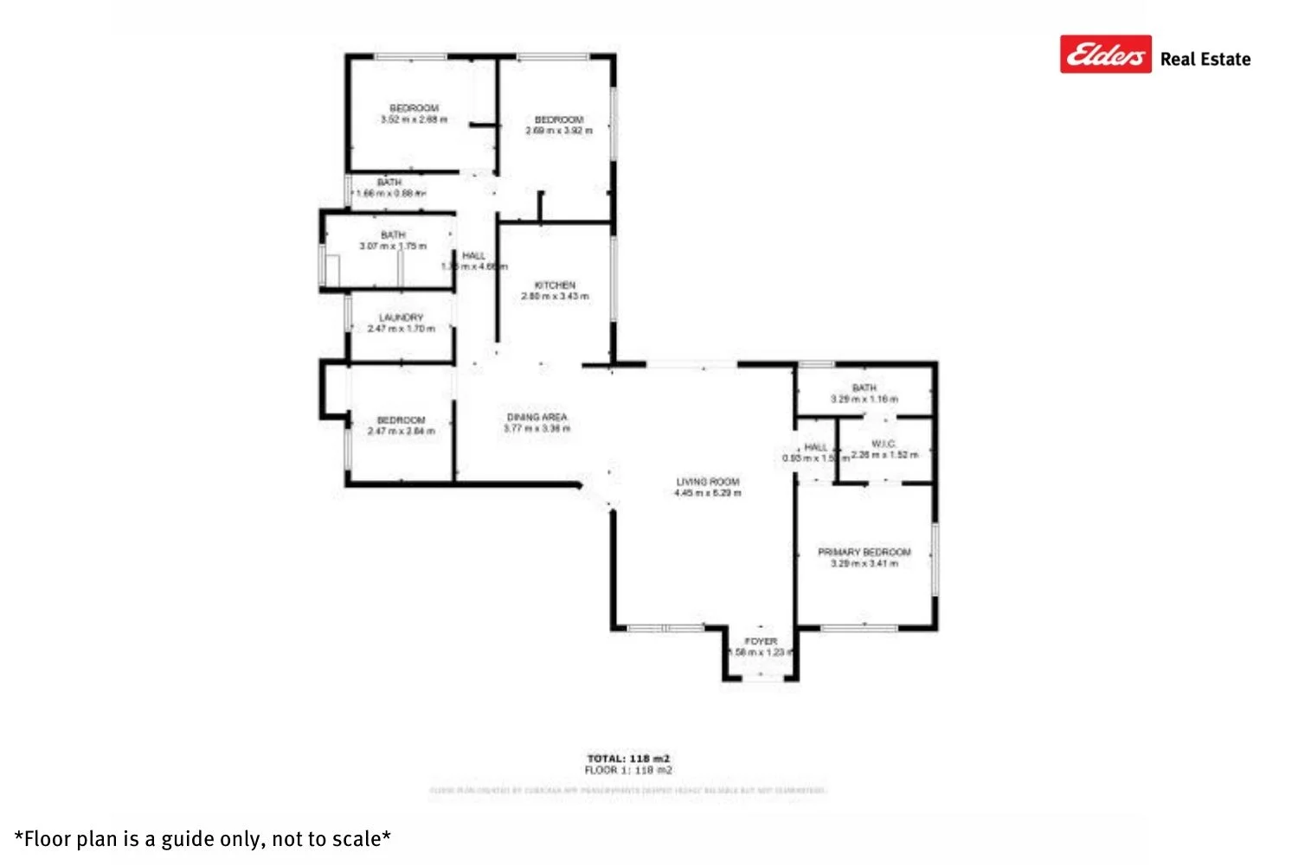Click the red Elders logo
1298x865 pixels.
click(x=1105, y=54)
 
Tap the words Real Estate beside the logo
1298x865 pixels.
click(x=1205, y=59)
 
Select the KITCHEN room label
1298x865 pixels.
click(x=555, y=285)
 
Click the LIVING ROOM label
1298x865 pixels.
click(x=708, y=482)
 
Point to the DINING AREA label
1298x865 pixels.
click(x=537, y=417)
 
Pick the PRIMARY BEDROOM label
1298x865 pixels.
click(x=864, y=552)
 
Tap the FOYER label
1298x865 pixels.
click(x=761, y=641)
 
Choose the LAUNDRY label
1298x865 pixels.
click(x=401, y=317)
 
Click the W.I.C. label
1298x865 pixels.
click(x=884, y=444)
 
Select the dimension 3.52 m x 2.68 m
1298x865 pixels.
click(x=414, y=119)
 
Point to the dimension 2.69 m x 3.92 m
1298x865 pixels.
click(x=559, y=131)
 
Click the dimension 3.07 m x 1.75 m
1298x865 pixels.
click(x=393, y=247)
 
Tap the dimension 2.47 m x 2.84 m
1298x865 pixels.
click(x=401, y=431)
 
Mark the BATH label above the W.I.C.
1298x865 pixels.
click(x=864, y=388)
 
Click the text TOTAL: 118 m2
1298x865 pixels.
click(x=628, y=759)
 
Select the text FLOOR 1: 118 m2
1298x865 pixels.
click(x=628, y=770)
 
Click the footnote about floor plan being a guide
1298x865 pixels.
click(x=202, y=839)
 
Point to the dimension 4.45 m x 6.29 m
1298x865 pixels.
click(x=708, y=493)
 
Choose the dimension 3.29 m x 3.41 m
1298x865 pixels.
click(x=864, y=563)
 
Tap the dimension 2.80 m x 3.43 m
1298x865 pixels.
click(x=555, y=296)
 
